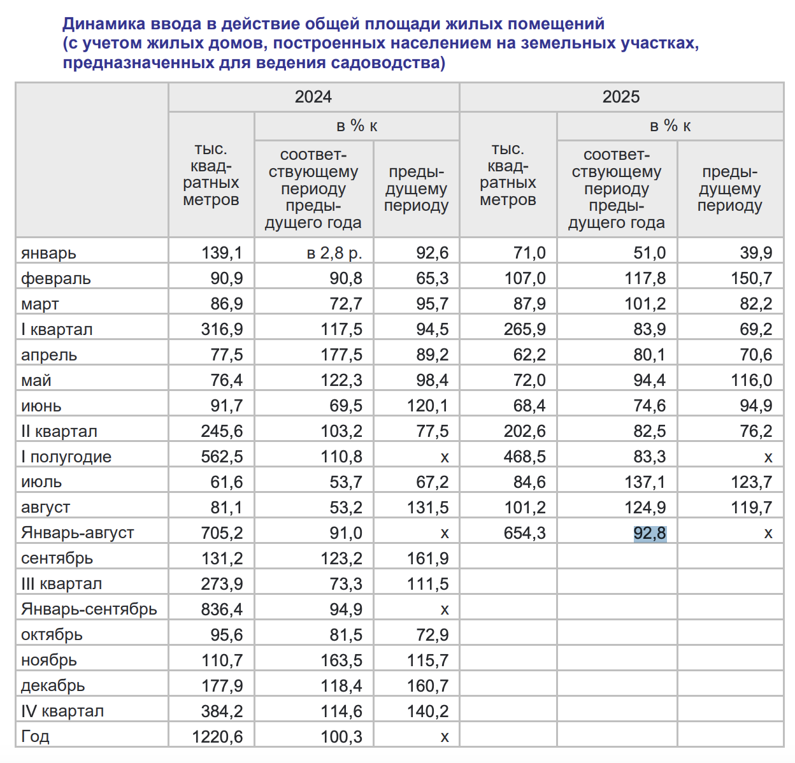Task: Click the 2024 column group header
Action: tap(313, 97)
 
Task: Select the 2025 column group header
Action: tap(621, 97)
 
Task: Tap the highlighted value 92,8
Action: tap(650, 533)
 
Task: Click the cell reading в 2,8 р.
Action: tap(334, 253)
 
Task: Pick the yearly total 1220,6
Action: tap(217, 737)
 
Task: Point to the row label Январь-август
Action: tap(78, 532)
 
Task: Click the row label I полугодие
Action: tap(66, 457)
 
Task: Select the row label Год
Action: tap(35, 737)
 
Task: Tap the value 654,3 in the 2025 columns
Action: tap(524, 533)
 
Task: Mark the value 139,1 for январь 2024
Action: tap(222, 253)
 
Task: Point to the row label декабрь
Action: tap(53, 686)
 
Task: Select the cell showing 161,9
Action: tap(427, 559)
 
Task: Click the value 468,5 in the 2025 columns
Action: tap(524, 457)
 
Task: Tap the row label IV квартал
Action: tap(62, 711)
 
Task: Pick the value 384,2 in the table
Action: tap(222, 711)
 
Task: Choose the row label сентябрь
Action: tap(57, 559)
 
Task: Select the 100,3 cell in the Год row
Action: tap(341, 737)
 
